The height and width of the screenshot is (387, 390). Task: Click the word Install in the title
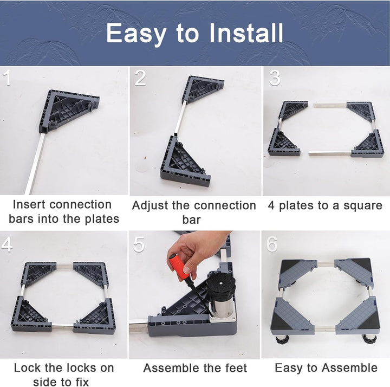tap(246, 33)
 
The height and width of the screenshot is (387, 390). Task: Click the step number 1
tap(8, 78)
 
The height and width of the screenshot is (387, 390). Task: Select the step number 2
tap(140, 78)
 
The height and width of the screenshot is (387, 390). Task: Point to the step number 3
tap(275, 78)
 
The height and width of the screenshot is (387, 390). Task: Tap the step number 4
tap(7, 244)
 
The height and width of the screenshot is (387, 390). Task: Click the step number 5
tap(139, 244)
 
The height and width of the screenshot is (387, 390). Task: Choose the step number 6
tap(272, 244)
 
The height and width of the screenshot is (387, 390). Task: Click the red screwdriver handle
tap(179, 266)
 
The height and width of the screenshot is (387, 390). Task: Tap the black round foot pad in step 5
tap(221, 285)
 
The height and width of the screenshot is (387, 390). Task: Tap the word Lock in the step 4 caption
tap(27, 368)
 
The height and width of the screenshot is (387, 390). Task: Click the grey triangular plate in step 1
tap(69, 110)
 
